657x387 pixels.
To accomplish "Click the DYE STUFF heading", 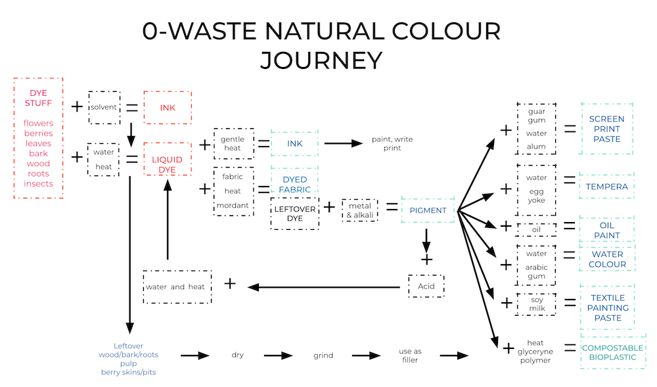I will coord(38,98).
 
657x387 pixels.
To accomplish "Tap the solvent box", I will coord(104,107).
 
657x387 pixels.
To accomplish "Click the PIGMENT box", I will coord(428,210).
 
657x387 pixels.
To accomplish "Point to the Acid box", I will coord(426,286).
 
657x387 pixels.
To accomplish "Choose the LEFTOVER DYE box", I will coord(295,213).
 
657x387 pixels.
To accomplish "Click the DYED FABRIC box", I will coord(294,185).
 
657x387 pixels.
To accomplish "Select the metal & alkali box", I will coord(360,211).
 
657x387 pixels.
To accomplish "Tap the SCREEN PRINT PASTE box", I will coord(607,129).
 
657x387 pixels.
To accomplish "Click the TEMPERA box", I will coord(607,186).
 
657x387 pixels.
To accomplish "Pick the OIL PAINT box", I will coord(607,230).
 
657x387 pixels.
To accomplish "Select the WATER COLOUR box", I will coord(608,259).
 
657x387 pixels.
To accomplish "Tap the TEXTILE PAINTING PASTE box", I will coord(607,307).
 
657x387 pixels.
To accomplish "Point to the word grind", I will coord(323,355).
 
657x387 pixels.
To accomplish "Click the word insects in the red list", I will coord(38,183).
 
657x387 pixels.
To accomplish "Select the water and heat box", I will coord(177,286).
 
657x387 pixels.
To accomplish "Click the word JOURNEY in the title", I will coord(321,60).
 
